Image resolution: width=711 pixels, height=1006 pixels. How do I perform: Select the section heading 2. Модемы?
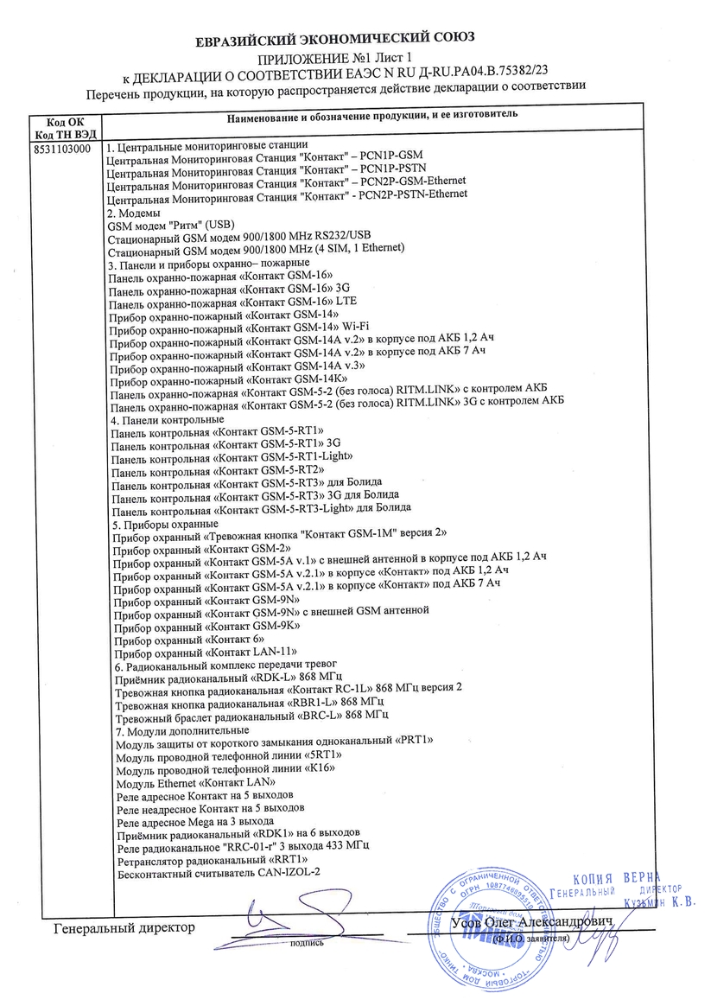(133, 212)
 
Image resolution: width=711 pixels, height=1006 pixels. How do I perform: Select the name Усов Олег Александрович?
(531, 922)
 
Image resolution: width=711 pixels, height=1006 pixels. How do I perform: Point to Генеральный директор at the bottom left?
(124, 928)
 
